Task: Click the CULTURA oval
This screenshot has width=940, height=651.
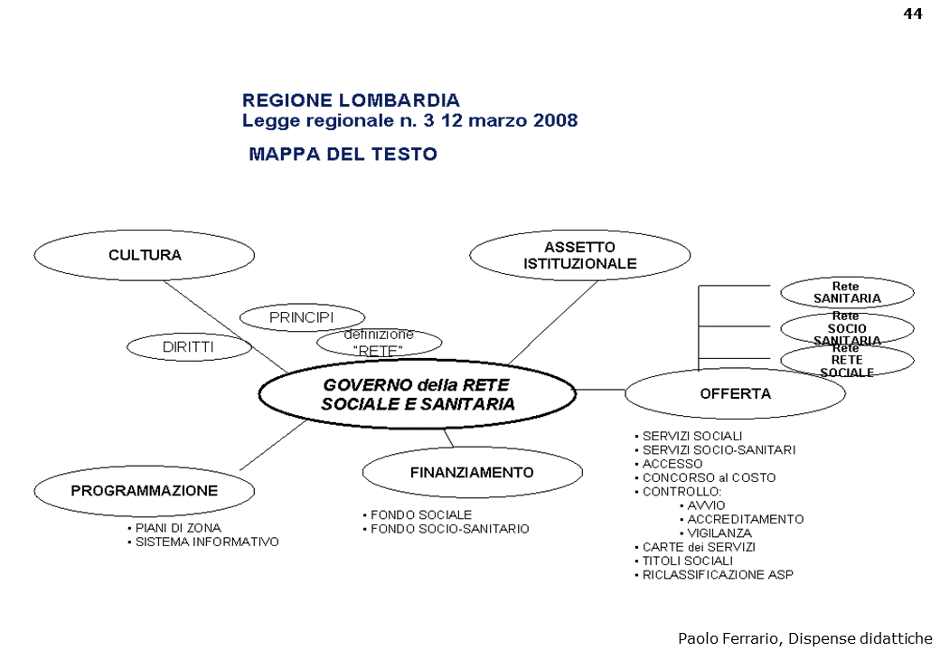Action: [145, 255]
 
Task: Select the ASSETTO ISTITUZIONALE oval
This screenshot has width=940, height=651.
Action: [580, 256]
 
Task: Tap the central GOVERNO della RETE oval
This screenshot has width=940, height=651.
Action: [418, 395]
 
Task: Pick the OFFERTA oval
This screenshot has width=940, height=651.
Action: [735, 394]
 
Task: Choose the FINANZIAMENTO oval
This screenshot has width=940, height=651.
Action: [472, 472]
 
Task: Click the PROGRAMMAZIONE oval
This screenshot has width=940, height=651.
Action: [145, 491]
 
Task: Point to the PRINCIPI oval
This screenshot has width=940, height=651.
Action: [302, 317]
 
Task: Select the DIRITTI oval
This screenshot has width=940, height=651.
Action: [189, 345]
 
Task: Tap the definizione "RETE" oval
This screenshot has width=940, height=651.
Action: [379, 342]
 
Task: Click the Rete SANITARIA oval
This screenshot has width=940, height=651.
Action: [847, 292]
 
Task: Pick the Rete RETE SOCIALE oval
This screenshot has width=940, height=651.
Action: [847, 362]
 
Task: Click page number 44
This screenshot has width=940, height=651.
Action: [912, 14]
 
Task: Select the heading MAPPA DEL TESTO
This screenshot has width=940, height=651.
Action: [343, 154]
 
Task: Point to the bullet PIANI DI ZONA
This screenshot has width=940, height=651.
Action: [178, 528]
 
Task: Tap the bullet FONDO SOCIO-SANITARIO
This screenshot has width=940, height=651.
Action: [449, 529]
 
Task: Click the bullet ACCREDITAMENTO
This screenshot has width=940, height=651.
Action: [745, 519]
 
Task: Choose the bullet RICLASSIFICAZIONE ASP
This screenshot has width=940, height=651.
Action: [718, 575]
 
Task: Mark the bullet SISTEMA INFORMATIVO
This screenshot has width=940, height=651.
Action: [207, 542]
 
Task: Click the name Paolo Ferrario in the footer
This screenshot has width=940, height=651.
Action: [728, 637]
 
